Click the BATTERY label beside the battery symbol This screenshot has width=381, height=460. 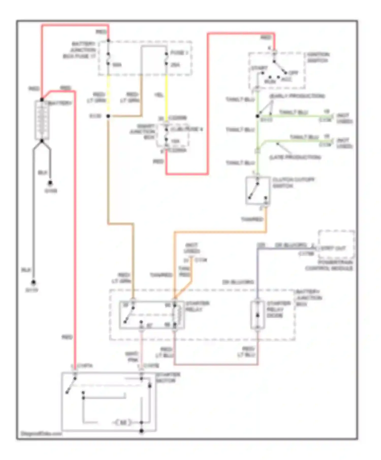pyautogui.click(x=60, y=103)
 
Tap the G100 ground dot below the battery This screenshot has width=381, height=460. pyautogui.click(x=50, y=183)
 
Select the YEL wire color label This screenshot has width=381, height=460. pyautogui.click(x=159, y=95)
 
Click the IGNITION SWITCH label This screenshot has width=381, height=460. pyautogui.click(x=318, y=58)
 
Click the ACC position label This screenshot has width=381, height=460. pyautogui.click(x=287, y=79)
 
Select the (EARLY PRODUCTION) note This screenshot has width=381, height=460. pyautogui.click(x=297, y=96)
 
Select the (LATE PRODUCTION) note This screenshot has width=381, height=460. pyautogui.click(x=295, y=157)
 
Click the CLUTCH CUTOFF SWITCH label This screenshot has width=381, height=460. pyautogui.click(x=293, y=183)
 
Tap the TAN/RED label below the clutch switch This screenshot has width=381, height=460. pyautogui.click(x=252, y=219)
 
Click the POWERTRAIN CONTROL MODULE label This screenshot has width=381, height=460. pyautogui.click(x=329, y=265)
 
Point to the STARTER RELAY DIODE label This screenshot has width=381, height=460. pyautogui.click(x=278, y=309)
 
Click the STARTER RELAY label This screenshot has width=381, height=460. pyautogui.click(x=197, y=306)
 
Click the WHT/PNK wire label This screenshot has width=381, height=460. pyautogui.click(x=132, y=357)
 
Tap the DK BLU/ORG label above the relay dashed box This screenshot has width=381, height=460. pyautogui.click(x=238, y=282)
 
